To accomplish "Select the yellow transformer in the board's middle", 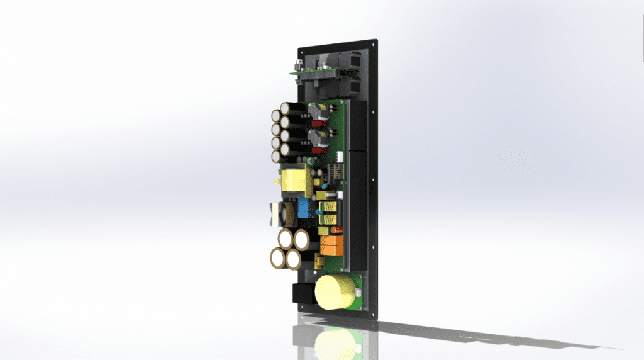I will tap(292, 181).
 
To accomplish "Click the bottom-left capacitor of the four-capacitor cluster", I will tap(279, 259).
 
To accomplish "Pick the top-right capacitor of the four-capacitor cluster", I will tap(301, 240).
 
